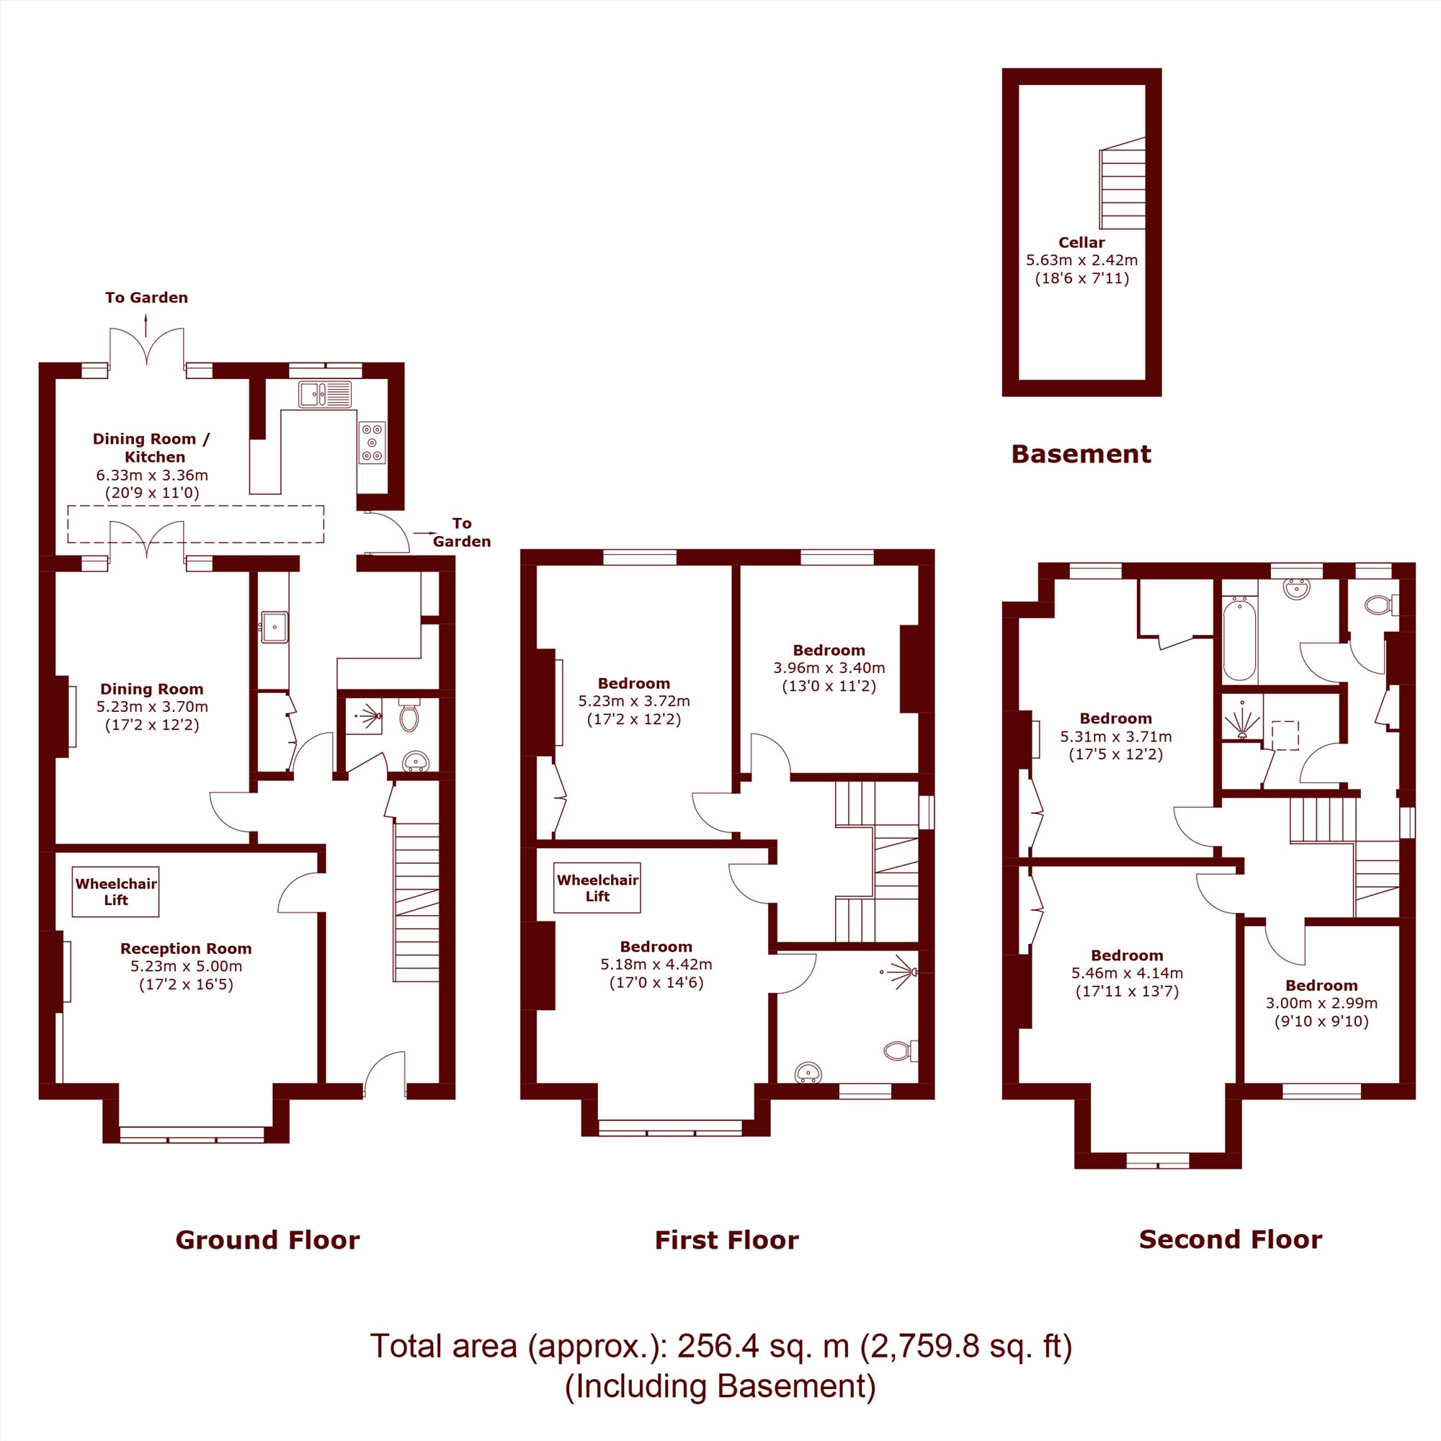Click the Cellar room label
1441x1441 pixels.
coord(1081,242)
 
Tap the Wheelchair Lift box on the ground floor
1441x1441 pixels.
coord(115,891)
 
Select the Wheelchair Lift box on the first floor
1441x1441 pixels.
coord(597,888)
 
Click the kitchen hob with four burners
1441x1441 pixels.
coord(372,442)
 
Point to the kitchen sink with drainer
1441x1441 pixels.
coord(325,394)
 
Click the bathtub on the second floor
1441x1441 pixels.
coord(1239,639)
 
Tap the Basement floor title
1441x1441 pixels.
coord(1081,454)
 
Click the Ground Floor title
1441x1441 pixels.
coord(268,1239)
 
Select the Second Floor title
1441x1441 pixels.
coord(1231,1239)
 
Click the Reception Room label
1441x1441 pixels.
coord(186,949)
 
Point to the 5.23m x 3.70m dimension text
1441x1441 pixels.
coord(152,706)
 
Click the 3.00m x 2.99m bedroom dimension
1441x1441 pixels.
coord(1321,1003)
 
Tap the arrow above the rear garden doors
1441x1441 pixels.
coord(146,325)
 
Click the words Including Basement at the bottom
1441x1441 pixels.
coord(720,1386)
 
